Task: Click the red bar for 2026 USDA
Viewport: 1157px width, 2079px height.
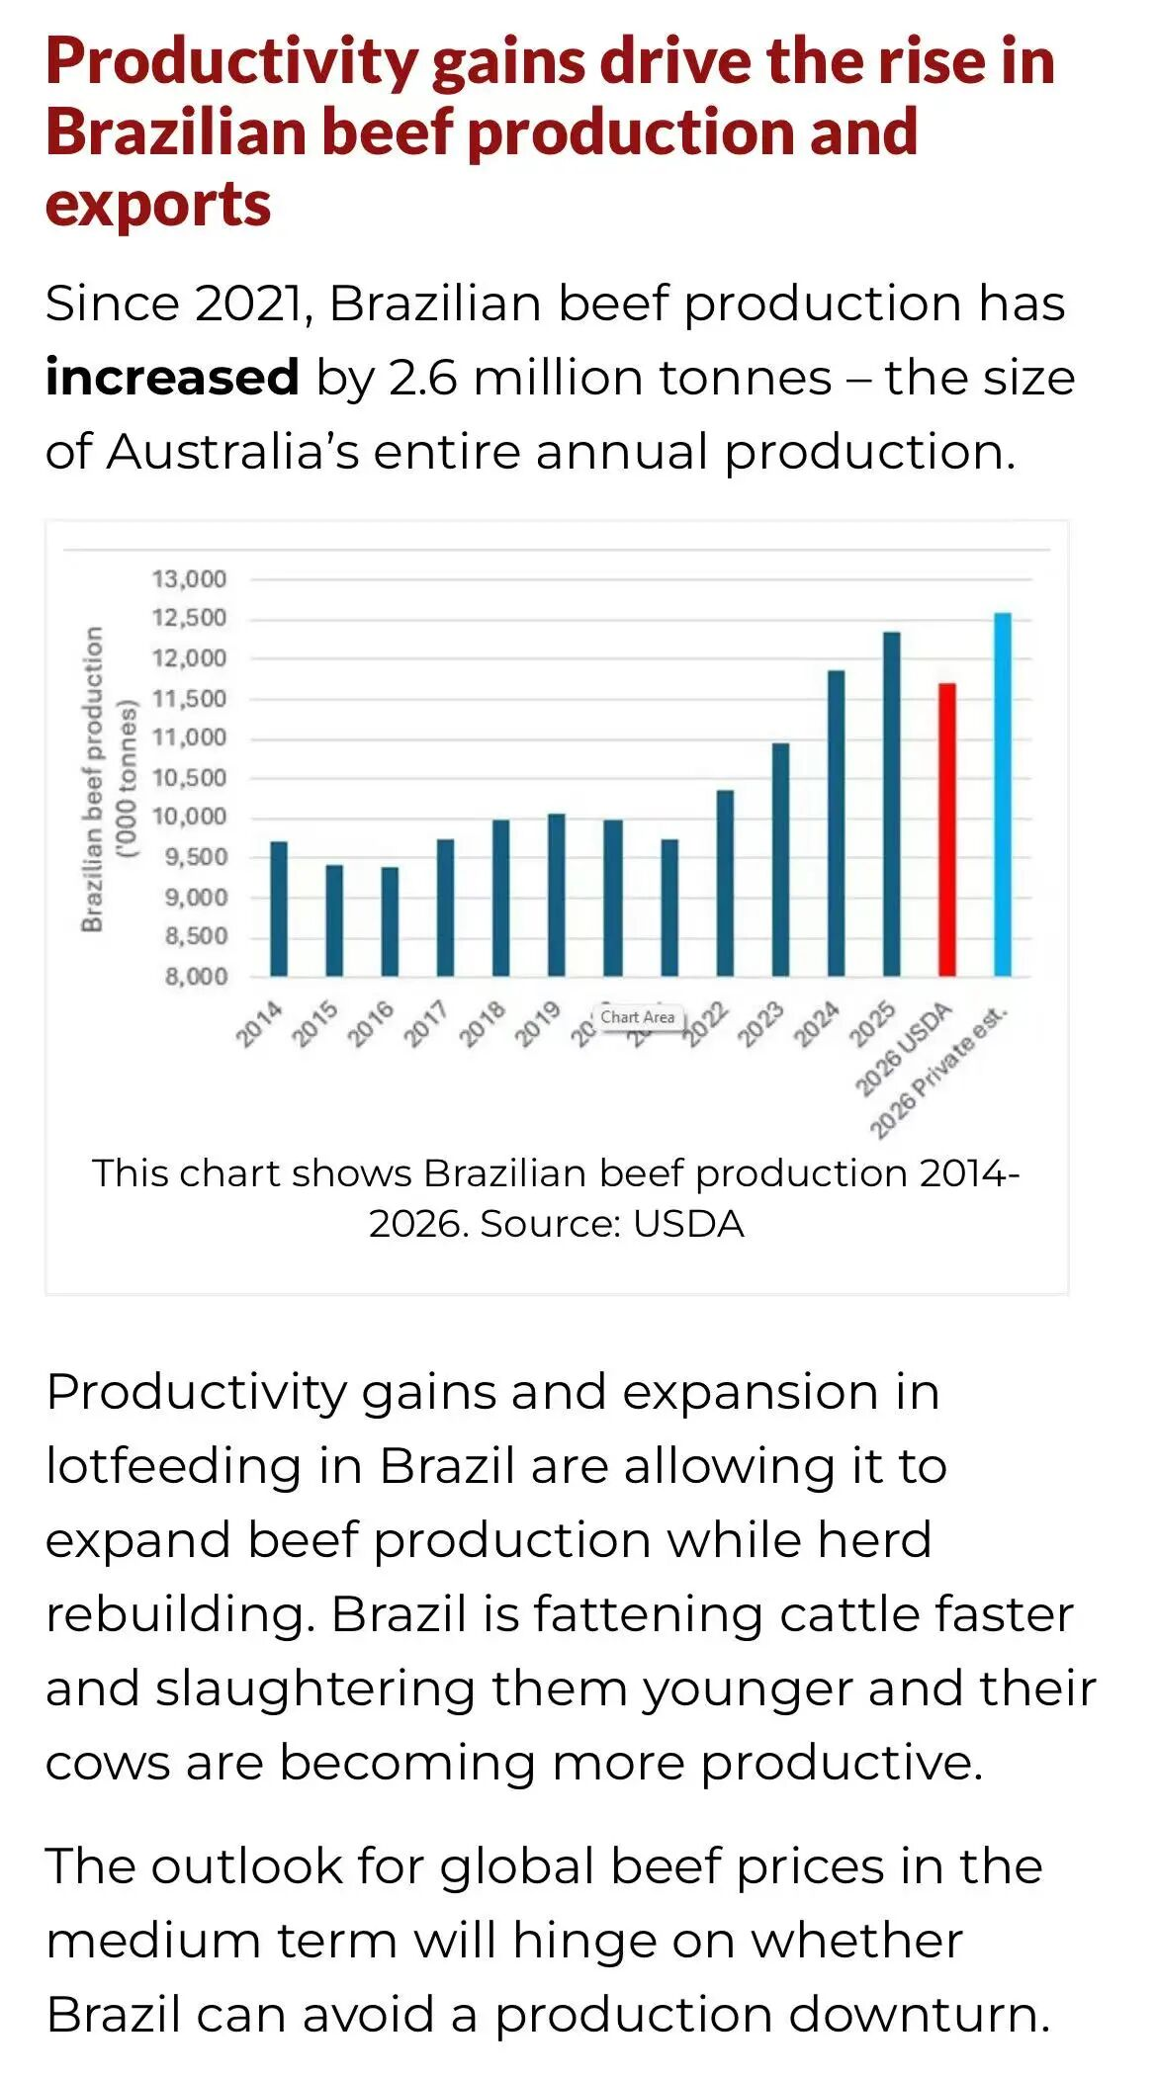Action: tap(946, 829)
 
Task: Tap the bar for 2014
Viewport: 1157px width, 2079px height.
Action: tap(279, 909)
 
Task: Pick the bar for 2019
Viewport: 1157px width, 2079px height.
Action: tap(557, 895)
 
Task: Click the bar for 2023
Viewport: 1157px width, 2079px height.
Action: tap(780, 859)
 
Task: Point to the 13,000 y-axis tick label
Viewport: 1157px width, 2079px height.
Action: tap(189, 578)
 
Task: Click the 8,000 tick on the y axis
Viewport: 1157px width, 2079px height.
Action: tap(196, 977)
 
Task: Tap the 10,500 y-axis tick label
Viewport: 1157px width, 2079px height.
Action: tap(189, 778)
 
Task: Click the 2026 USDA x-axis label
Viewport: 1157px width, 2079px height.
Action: tap(903, 1048)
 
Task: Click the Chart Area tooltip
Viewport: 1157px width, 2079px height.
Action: tap(638, 1017)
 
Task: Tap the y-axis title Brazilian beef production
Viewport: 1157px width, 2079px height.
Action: tap(93, 778)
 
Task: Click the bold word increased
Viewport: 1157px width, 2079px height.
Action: tap(172, 378)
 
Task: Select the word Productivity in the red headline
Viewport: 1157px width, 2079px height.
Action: tap(232, 61)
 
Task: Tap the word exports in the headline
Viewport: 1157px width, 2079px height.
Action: tap(158, 204)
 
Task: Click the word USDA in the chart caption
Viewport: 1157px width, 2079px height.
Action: tap(688, 1224)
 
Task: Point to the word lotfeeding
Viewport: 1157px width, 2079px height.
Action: tap(174, 1465)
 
